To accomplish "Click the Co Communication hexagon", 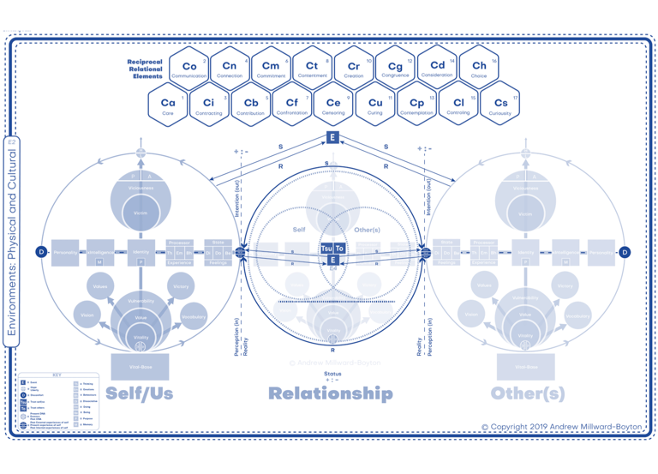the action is (189, 68).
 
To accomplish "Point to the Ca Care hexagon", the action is (168, 105).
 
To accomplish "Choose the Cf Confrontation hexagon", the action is (292, 105).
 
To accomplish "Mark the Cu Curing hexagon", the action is (375, 105).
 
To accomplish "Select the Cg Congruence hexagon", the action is (396, 68).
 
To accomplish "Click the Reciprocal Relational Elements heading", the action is (145, 69).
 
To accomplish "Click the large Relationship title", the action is (331, 393).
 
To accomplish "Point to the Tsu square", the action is (326, 249).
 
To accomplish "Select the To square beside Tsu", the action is (339, 249).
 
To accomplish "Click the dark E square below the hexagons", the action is (333, 137).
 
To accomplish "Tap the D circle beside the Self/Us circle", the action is (40, 252).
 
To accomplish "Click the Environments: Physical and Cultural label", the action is (12, 245).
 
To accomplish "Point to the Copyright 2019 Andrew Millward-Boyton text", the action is (561, 427).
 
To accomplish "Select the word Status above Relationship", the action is (332, 374).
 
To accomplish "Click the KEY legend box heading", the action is (57, 375).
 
